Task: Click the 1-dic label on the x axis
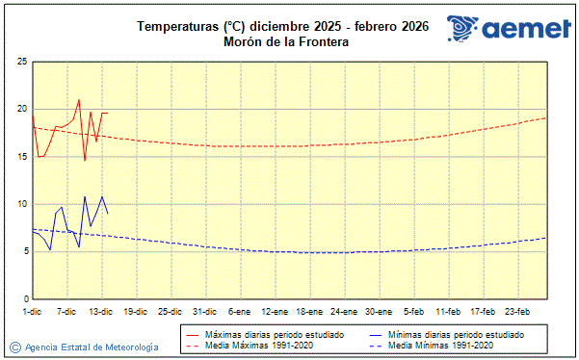click(32, 311)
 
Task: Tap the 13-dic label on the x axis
click(101, 311)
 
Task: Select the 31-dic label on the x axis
click(204, 311)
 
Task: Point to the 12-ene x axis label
click(275, 311)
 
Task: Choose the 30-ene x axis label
click(379, 311)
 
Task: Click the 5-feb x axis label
click(414, 311)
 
